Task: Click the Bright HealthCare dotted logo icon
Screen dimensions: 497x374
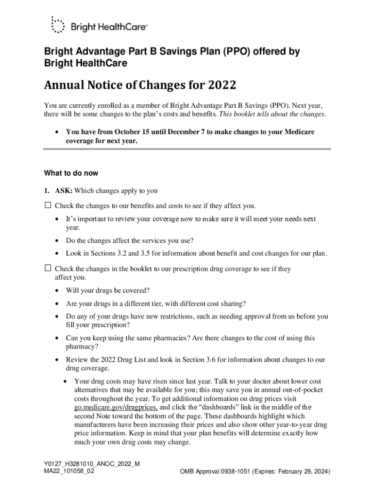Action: coord(57,25)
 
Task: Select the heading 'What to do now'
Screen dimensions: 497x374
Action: coord(71,173)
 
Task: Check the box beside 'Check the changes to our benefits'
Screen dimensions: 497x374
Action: coord(48,205)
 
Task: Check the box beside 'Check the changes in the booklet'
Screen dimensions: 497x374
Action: coord(48,268)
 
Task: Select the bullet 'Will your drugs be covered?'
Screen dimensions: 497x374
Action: coord(108,290)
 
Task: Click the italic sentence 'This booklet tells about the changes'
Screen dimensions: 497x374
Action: coord(272,115)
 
